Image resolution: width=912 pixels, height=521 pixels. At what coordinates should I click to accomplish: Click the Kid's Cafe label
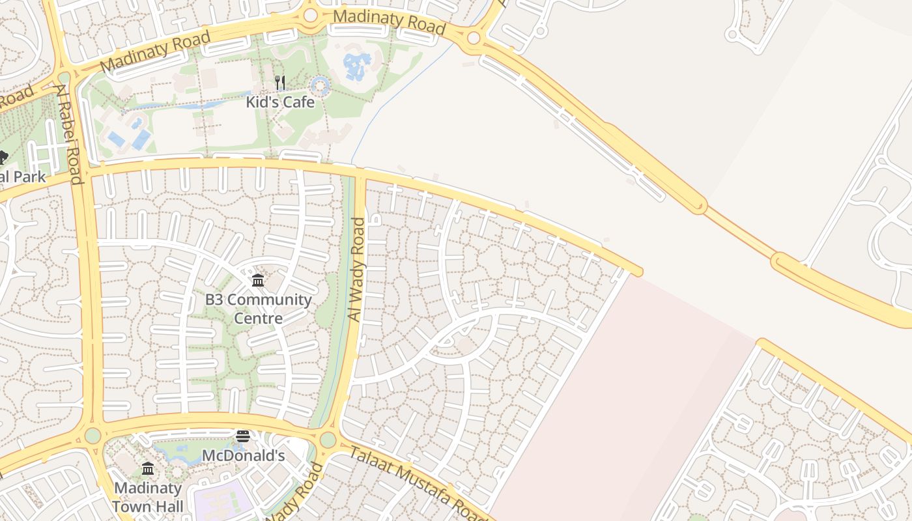pos(280,102)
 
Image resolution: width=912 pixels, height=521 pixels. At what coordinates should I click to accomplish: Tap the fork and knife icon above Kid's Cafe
pos(280,83)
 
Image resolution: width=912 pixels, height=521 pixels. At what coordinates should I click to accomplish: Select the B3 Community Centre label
pos(259,309)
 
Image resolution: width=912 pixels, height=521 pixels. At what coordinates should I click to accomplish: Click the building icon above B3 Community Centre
pos(258,281)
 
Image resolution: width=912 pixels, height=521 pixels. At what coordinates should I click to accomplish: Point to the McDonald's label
pos(243,455)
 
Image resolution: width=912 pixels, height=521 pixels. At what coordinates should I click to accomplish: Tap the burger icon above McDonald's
pos(243,436)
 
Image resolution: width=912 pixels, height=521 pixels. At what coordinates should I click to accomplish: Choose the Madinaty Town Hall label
pos(148,496)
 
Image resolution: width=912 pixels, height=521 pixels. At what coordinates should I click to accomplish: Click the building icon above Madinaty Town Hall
pos(148,469)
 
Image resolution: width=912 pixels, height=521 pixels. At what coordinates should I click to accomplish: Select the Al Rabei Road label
pos(70,134)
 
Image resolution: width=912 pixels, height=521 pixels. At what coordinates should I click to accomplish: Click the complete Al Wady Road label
pos(357,269)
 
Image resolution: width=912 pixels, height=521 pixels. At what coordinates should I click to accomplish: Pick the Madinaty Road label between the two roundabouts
pos(389,21)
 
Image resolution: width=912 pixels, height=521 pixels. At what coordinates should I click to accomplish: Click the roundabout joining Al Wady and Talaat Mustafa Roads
pos(328,440)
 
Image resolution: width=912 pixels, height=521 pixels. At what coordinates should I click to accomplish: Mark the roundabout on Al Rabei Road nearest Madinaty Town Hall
pos(93,434)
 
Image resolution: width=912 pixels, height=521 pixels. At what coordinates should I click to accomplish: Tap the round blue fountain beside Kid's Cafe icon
pos(319,85)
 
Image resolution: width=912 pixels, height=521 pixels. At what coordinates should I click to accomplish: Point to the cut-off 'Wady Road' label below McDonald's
pos(294,495)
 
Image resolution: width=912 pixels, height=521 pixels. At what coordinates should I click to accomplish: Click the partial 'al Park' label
pos(23,176)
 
